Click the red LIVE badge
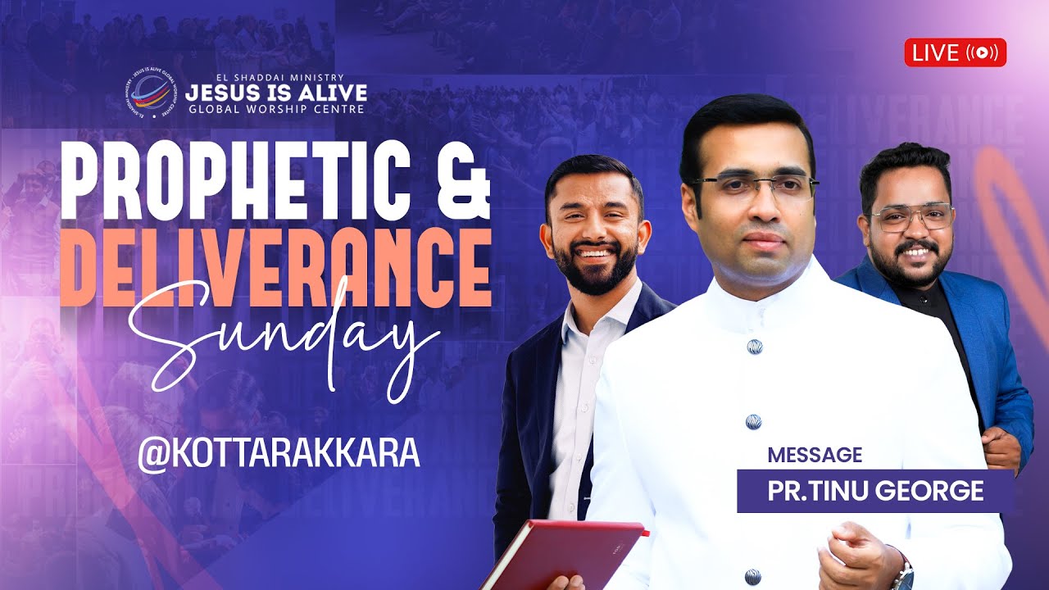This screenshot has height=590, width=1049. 955,52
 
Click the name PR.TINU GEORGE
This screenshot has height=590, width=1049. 875,491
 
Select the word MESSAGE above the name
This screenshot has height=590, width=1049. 814,455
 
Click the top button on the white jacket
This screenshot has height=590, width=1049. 754,347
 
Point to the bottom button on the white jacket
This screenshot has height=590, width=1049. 752,576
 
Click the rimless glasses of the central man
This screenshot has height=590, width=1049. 754,189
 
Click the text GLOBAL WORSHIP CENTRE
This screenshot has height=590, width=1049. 275,108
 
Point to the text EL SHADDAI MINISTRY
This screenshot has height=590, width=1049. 275,78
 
